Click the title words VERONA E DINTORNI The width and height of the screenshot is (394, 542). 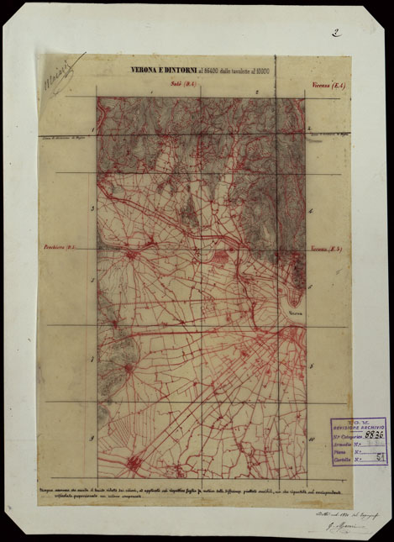[157, 71]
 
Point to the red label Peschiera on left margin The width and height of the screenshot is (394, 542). [60, 247]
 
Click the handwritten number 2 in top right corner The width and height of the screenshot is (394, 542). [335, 34]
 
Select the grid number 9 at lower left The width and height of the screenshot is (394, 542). [92, 438]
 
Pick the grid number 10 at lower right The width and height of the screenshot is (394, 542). [310, 439]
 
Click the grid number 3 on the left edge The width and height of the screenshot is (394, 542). [92, 210]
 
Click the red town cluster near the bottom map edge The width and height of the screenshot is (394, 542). [132, 463]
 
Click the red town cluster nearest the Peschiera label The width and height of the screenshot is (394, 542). [131, 254]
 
